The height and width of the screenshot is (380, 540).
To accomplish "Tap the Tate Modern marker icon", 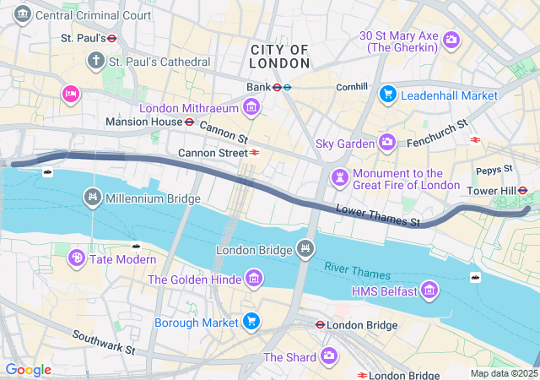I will [x=76, y=258].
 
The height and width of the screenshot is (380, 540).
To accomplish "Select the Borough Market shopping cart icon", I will [x=251, y=321].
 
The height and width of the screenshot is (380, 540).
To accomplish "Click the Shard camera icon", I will [x=328, y=356].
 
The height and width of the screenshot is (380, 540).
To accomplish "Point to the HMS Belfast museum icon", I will [x=429, y=291].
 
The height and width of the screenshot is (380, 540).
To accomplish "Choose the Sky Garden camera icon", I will [x=386, y=143].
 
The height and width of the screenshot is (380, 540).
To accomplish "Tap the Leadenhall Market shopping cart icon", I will [x=387, y=95].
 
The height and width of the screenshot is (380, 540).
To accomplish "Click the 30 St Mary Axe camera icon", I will [x=451, y=39].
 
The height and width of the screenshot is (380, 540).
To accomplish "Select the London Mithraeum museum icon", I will [x=251, y=106].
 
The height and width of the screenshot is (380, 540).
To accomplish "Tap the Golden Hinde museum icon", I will [x=252, y=279].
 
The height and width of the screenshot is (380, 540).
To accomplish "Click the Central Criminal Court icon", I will [x=23, y=14].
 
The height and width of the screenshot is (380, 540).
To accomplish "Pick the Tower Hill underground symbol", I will [x=523, y=191].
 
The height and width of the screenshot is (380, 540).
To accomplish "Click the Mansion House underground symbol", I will [x=190, y=122].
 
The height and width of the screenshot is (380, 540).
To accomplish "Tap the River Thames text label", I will [x=358, y=271].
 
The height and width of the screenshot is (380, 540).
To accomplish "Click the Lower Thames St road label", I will [x=377, y=216].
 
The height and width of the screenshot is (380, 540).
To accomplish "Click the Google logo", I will [x=28, y=370].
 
